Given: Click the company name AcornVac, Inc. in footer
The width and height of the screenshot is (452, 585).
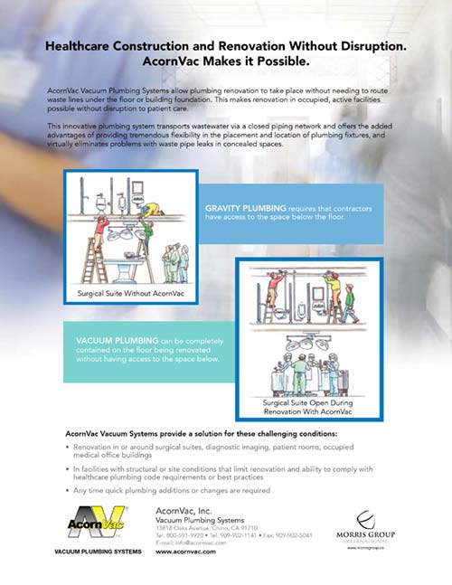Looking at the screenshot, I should click(x=178, y=510).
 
